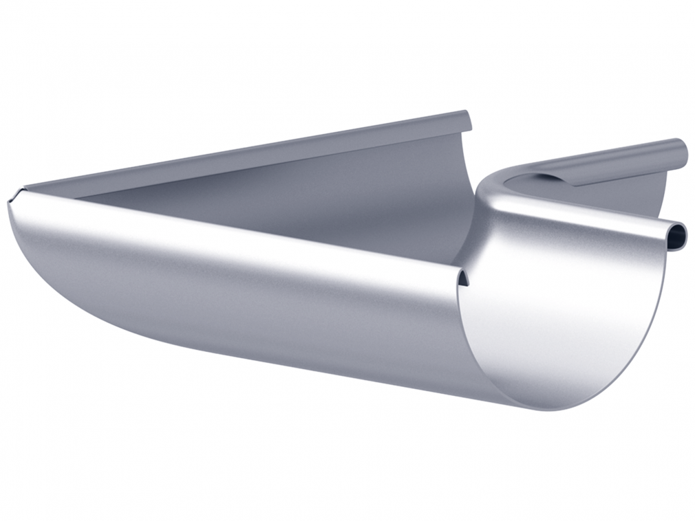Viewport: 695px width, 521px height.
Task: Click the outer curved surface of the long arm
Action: pos(241,296)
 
